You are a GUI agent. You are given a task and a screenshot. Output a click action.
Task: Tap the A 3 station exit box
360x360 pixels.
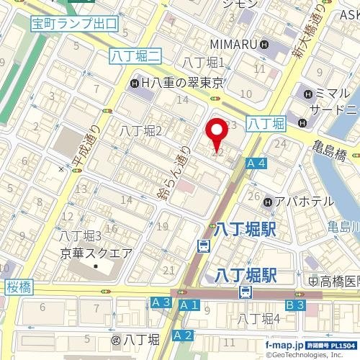tap(161, 304)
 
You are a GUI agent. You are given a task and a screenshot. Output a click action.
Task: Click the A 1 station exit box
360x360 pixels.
tap(189, 305)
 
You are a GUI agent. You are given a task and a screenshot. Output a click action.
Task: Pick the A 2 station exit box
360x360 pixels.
tap(184, 335)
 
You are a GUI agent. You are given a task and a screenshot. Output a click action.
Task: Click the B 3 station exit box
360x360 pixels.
tap(295, 305)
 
